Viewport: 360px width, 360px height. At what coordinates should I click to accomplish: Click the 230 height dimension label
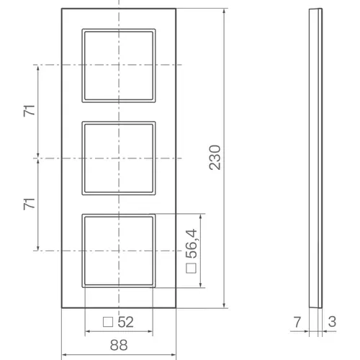pyautogui.click(x=214, y=157)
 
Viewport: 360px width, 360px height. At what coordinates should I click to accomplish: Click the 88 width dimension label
pyautogui.click(x=120, y=344)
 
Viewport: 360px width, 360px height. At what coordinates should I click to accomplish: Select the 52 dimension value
pyautogui.click(x=125, y=322)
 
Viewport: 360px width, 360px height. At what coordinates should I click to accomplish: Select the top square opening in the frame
pyautogui.click(x=119, y=66)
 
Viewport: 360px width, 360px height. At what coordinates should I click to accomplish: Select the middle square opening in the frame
pyautogui.click(x=119, y=158)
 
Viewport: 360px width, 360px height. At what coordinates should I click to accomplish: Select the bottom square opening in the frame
pyautogui.click(x=119, y=250)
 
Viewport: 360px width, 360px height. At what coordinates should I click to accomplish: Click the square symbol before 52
pyautogui.click(x=107, y=322)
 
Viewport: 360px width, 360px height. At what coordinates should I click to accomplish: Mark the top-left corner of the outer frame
pyautogui.click(x=62, y=8)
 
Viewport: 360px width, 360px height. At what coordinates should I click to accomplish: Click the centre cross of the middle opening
pyautogui.click(x=119, y=158)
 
